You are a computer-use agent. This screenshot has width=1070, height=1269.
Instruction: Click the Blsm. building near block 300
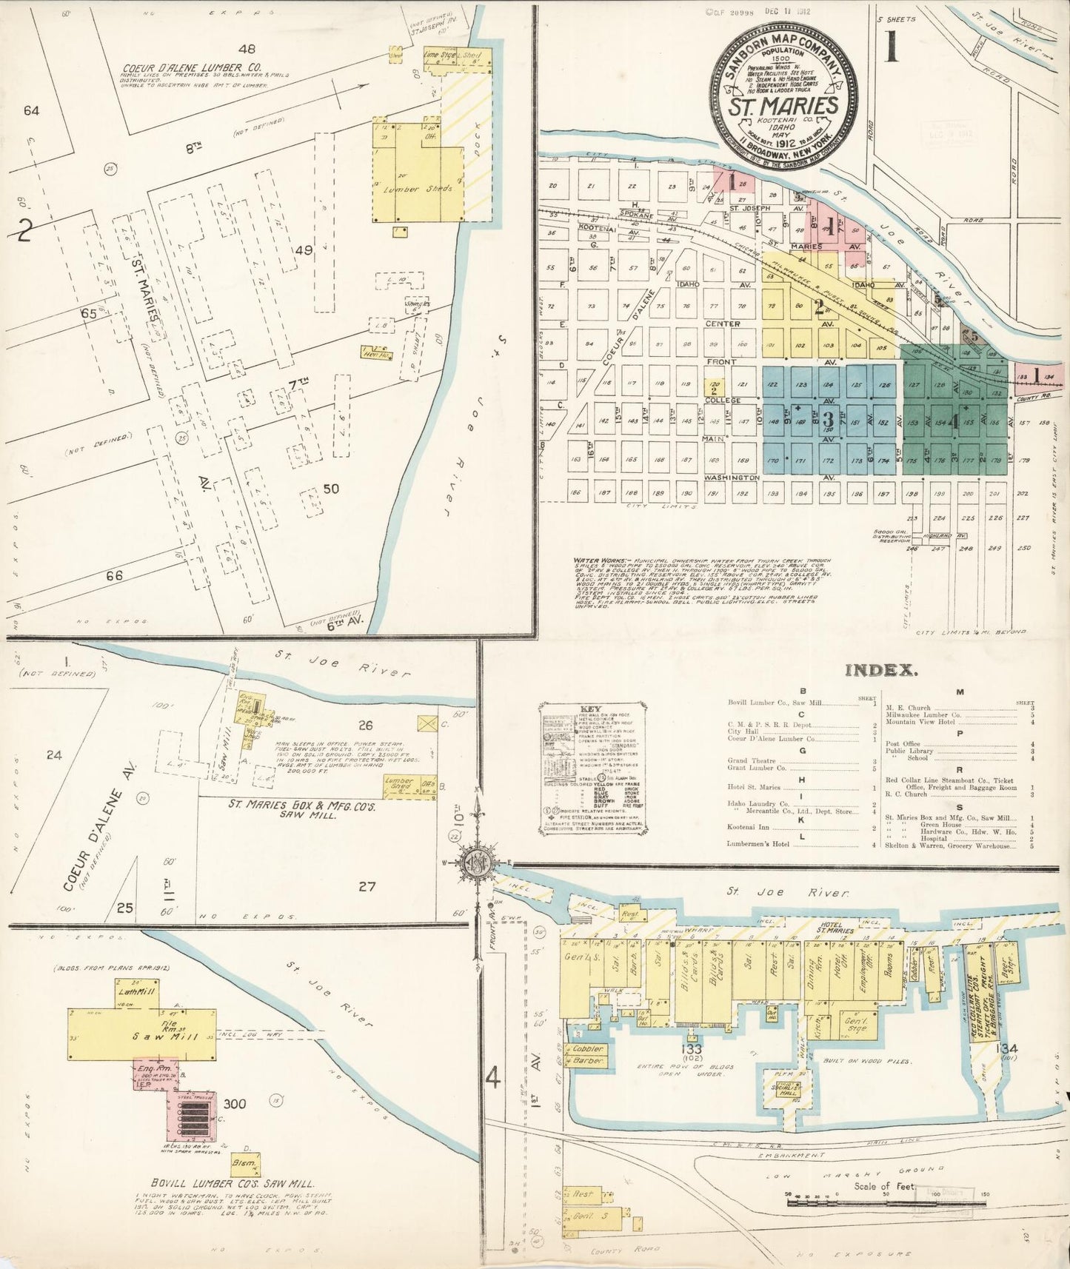pyautogui.click(x=244, y=1164)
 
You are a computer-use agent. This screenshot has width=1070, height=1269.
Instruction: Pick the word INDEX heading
pyautogui.click(x=881, y=670)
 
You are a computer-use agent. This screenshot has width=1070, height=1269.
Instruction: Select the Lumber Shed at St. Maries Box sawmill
pyautogui.click(x=399, y=785)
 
